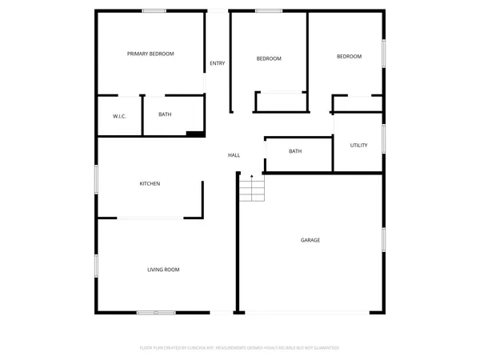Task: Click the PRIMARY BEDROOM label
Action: (x=150, y=54)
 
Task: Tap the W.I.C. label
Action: (x=120, y=117)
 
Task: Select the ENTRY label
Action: (x=217, y=63)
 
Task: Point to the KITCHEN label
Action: (x=150, y=184)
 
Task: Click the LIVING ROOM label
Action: (x=162, y=270)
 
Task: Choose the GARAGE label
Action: (x=310, y=240)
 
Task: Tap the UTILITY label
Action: (x=358, y=145)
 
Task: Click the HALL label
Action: (x=234, y=155)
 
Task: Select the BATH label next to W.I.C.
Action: (x=165, y=114)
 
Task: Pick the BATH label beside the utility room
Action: (x=295, y=151)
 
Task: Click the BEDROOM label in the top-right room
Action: (x=349, y=57)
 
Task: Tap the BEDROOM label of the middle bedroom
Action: (x=269, y=58)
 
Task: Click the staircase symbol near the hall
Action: (x=252, y=190)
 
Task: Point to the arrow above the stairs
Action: (x=252, y=175)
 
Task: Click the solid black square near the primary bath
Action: (x=194, y=134)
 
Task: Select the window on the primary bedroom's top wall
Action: (x=154, y=10)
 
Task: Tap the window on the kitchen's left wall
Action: (x=97, y=178)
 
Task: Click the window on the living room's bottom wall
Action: (x=155, y=312)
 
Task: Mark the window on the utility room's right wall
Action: (x=384, y=137)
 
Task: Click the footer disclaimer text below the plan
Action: (x=240, y=348)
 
